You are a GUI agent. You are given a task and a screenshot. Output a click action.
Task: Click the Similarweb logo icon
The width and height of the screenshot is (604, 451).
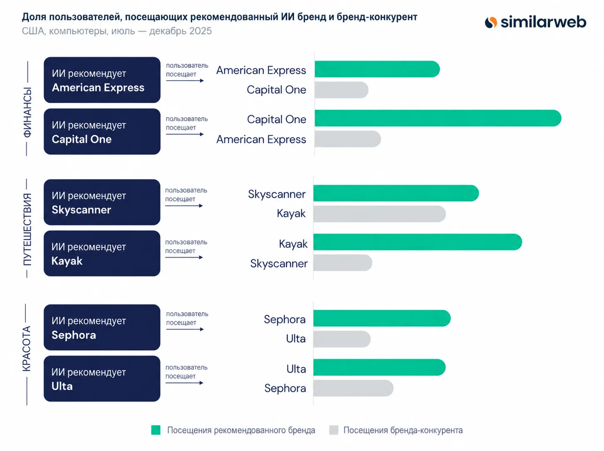click(x=491, y=22)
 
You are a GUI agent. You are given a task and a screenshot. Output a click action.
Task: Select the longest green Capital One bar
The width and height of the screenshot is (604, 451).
click(x=438, y=118)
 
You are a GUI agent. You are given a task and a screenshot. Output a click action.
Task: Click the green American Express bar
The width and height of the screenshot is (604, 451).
click(x=377, y=69)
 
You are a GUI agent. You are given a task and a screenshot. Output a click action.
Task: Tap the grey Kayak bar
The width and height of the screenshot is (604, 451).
click(x=380, y=214)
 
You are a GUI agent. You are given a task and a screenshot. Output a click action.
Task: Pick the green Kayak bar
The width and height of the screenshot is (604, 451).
click(x=418, y=242)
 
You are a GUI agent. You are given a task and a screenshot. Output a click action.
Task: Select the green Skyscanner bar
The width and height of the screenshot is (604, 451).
click(x=396, y=193)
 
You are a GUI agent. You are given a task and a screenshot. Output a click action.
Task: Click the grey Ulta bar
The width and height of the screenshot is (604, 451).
click(x=342, y=339)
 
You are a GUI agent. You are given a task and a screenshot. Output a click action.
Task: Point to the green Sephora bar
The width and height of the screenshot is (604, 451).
click(x=382, y=318)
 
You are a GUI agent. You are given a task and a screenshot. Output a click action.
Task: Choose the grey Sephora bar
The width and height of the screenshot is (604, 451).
click(x=353, y=388)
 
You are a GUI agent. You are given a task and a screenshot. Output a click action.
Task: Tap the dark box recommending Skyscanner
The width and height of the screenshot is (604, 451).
click(x=102, y=202)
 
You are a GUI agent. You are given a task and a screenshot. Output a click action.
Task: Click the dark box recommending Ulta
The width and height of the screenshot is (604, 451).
click(x=102, y=379)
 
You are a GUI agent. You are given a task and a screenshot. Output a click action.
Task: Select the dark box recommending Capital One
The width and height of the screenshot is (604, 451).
click(x=102, y=131)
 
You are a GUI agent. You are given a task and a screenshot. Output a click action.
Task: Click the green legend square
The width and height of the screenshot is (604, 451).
click(x=156, y=430)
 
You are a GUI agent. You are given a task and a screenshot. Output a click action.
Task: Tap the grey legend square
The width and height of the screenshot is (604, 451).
click(x=333, y=430)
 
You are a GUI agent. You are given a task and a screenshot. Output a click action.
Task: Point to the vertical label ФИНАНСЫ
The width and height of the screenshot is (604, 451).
click(x=27, y=112)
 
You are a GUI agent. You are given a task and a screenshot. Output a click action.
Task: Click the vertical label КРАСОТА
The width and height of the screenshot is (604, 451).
click(x=26, y=349)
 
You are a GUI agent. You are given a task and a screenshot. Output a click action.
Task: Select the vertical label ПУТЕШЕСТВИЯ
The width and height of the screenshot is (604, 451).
click(x=27, y=229)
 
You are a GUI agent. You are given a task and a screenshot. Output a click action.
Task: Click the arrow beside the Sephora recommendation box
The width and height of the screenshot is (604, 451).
click(x=185, y=329)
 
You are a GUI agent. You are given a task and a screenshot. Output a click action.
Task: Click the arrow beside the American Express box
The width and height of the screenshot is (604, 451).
click(x=185, y=81)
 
